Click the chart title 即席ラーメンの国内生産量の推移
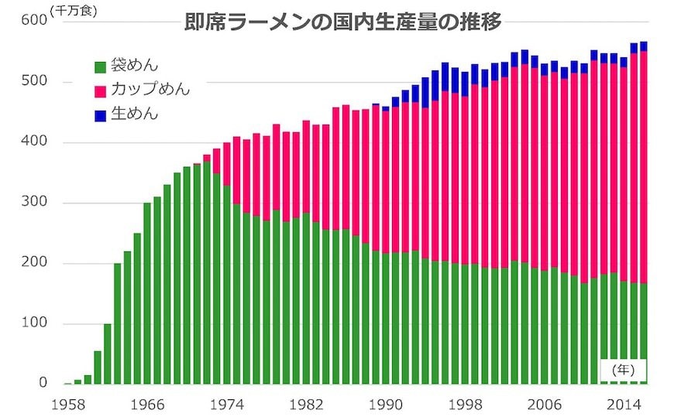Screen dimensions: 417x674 click(342, 22)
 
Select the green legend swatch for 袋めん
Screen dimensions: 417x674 click(101, 67)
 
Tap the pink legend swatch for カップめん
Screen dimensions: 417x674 click(101, 91)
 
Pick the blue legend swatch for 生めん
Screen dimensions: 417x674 click(101, 115)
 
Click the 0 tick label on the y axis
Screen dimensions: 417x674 click(43, 384)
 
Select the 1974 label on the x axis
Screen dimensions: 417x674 click(226, 403)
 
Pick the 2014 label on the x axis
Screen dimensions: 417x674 click(623, 403)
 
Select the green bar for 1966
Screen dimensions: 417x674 click(147, 294)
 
